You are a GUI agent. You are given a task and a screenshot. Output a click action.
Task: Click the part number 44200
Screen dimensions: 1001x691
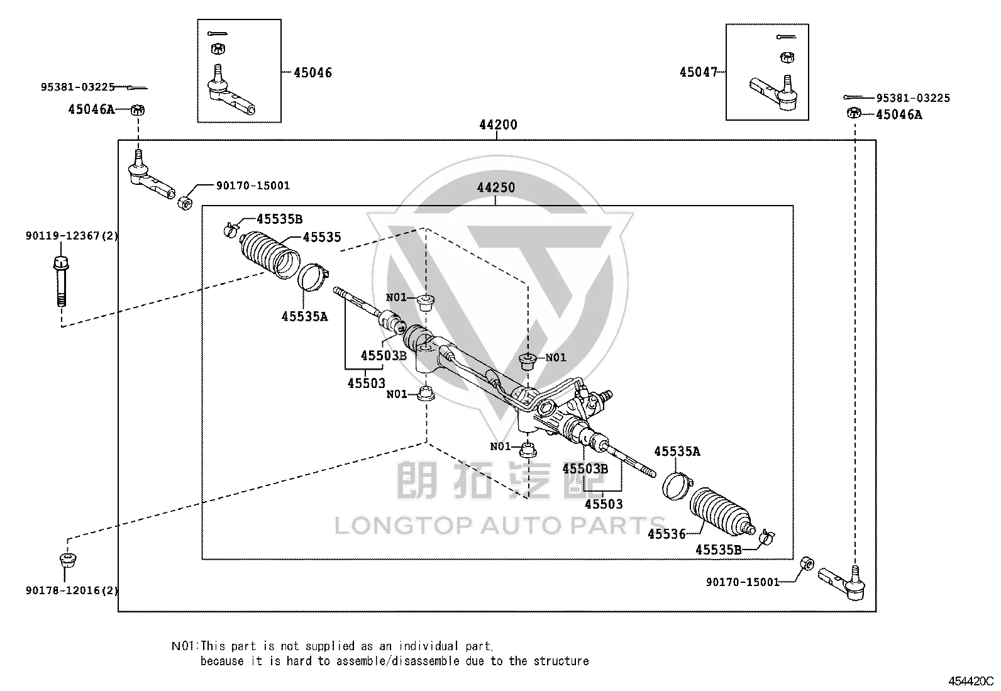(498, 124)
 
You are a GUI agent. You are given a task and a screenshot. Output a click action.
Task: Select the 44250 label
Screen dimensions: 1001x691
(496, 187)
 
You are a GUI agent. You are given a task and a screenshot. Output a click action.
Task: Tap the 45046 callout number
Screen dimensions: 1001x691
(313, 72)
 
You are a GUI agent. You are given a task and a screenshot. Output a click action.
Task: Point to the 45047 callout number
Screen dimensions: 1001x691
(699, 72)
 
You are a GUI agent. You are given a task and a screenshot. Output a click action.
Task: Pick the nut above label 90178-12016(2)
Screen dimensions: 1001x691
(67, 559)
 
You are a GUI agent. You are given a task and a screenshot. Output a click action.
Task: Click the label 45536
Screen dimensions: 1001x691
(666, 534)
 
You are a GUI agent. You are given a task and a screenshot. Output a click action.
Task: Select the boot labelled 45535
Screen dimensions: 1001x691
(270, 255)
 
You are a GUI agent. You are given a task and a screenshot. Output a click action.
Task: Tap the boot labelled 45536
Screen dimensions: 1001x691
(721, 511)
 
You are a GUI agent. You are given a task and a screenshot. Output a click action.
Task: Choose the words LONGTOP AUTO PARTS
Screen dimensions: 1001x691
(500, 526)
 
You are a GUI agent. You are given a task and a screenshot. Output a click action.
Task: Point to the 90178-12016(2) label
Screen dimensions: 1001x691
(72, 590)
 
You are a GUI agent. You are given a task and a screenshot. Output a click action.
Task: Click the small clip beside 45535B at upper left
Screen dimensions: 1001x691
(230, 230)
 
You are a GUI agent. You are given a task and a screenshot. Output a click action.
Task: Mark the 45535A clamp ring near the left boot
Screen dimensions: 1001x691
(313, 277)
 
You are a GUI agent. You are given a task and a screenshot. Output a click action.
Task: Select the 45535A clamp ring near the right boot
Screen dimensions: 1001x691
(677, 486)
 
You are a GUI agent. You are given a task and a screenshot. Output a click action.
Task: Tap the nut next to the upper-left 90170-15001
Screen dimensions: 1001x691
(185, 203)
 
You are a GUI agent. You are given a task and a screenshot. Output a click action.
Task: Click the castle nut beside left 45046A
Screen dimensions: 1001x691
(138, 109)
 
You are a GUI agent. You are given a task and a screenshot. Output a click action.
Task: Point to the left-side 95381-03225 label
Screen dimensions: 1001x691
(78, 87)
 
